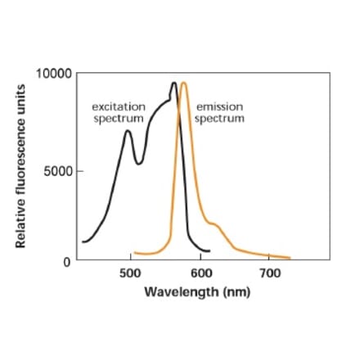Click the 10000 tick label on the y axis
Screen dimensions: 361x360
pyautogui.click(x=55, y=73)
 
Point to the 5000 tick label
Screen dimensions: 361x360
pyautogui.click(x=60, y=172)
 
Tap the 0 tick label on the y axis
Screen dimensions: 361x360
pyautogui.click(x=69, y=261)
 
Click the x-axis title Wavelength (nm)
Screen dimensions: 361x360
pyautogui.click(x=198, y=292)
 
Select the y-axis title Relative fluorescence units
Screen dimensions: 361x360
pyautogui.click(x=19, y=167)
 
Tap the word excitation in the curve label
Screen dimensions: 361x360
pyautogui.click(x=119, y=106)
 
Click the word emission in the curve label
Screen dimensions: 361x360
pyautogui.click(x=219, y=106)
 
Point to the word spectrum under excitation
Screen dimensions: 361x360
pyautogui.click(x=119, y=117)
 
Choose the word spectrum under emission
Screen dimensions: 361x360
pyautogui.click(x=219, y=117)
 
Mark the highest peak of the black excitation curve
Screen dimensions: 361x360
pyautogui.click(x=174, y=83)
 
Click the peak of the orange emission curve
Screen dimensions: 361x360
pyautogui.click(x=184, y=83)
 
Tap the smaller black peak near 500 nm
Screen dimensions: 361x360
pyautogui.click(x=128, y=131)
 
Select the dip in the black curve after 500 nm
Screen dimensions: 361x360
pyautogui.click(x=139, y=163)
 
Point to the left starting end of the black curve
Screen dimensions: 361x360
pyautogui.click(x=83, y=241)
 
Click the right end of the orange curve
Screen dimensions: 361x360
pyautogui.click(x=289, y=258)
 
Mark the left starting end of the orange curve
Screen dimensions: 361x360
pyautogui.click(x=134, y=253)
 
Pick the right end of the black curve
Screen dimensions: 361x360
pyautogui.click(x=209, y=250)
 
